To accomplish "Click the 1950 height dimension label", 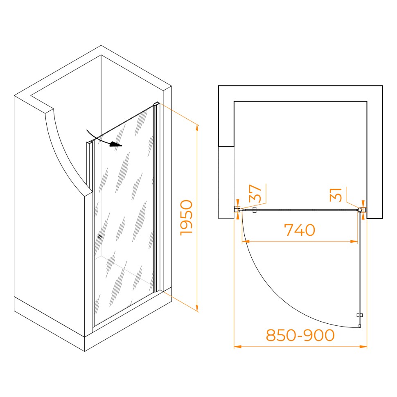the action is (x=186, y=217).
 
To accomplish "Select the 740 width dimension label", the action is (x=300, y=230).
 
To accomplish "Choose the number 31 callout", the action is (x=336, y=195).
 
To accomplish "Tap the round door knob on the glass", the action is (x=100, y=237).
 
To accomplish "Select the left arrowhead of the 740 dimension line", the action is (x=246, y=241).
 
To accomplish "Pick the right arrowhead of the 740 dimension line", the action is (x=354, y=241).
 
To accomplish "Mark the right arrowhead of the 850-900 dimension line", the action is (x=363, y=347).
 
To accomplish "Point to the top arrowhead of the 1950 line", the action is (x=197, y=129).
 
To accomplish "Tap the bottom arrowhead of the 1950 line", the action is (x=197, y=308).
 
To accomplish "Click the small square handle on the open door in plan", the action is (x=359, y=315).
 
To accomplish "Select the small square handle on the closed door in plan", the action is (x=255, y=210).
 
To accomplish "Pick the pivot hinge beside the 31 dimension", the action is (x=359, y=210).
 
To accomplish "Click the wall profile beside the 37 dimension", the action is (x=237, y=210).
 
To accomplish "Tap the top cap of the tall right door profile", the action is (x=156, y=104).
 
